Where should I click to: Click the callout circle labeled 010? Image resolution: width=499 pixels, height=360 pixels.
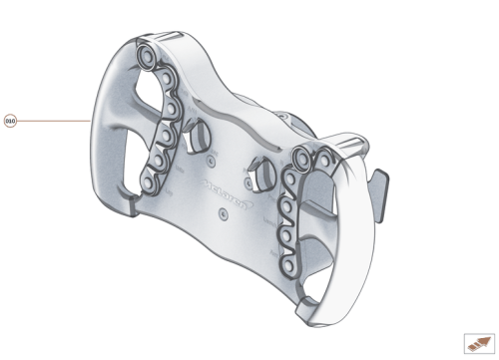coord(11,121)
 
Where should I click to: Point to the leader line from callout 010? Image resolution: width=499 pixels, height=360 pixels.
coord(55,121)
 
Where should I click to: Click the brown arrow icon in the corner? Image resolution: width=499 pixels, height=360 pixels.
coord(475,342)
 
